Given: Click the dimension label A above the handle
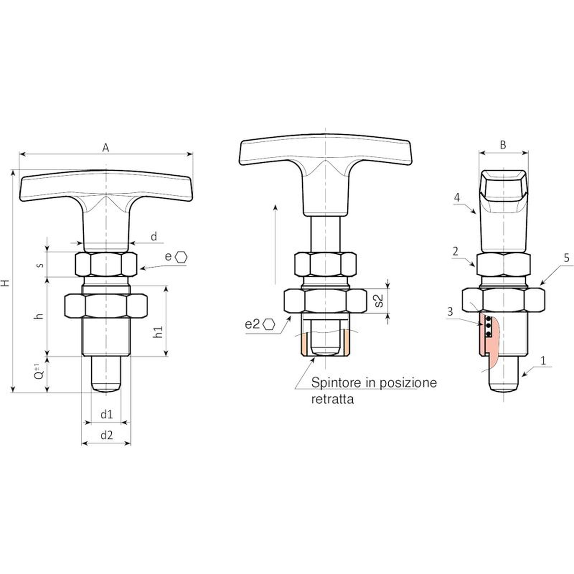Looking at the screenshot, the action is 105,147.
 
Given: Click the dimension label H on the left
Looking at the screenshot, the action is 5,283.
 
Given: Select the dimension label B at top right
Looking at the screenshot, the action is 503,145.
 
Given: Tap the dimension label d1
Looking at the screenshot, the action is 107,414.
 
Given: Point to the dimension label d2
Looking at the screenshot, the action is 107,435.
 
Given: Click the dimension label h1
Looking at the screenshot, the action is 158,331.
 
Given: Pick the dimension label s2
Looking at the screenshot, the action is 378,301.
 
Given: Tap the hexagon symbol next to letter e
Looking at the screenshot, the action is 182,257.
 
